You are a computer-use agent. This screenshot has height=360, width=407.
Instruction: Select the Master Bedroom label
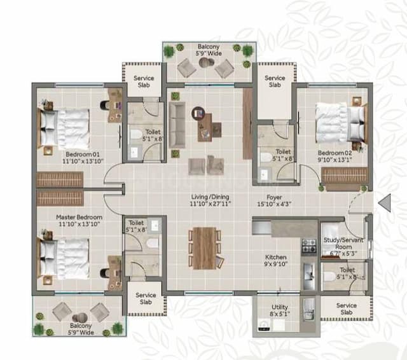click(79, 217)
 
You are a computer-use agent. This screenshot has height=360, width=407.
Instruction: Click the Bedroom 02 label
click(335, 153)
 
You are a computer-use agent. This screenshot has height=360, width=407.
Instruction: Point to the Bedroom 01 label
click(83, 153)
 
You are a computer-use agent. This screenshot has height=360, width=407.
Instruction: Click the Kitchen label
click(276, 258)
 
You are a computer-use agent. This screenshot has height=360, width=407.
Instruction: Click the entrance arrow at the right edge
click(384, 202)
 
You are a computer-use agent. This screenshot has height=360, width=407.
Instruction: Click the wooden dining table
click(204, 248)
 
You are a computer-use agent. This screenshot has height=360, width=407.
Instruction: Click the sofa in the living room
click(177, 124)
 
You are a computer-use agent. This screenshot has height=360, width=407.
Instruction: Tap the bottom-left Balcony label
click(81, 326)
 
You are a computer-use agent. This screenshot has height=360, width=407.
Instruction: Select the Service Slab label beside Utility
click(347, 309)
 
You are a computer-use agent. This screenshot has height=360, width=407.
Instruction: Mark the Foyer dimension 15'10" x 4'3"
click(273, 205)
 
